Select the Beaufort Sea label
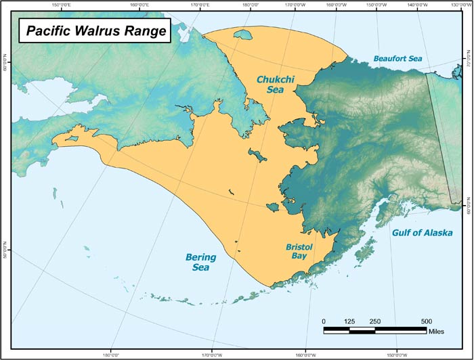pyautogui.click(x=397, y=59)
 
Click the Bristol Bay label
pyautogui.click(x=298, y=252)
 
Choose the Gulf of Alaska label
pyautogui.click(x=423, y=233)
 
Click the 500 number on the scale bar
pyautogui.click(x=427, y=321)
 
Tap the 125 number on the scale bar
pyautogui.click(x=349, y=321)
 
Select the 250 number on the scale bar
pyautogui.click(x=375, y=321)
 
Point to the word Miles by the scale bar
pyautogui.click(x=437, y=332)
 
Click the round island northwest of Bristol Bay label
pyautogui.click(x=272, y=206)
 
